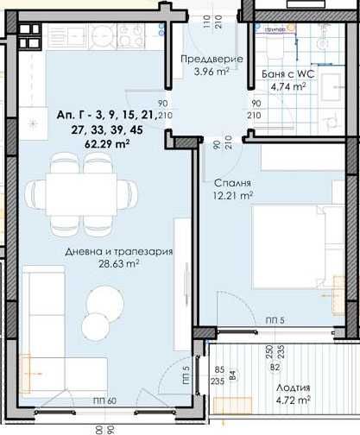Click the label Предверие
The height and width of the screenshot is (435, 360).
[x=212, y=59]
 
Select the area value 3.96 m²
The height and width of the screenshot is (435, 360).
[x=212, y=72]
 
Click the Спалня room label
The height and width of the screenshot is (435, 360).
[x=234, y=184]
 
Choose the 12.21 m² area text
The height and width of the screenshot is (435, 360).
[x=233, y=196]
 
